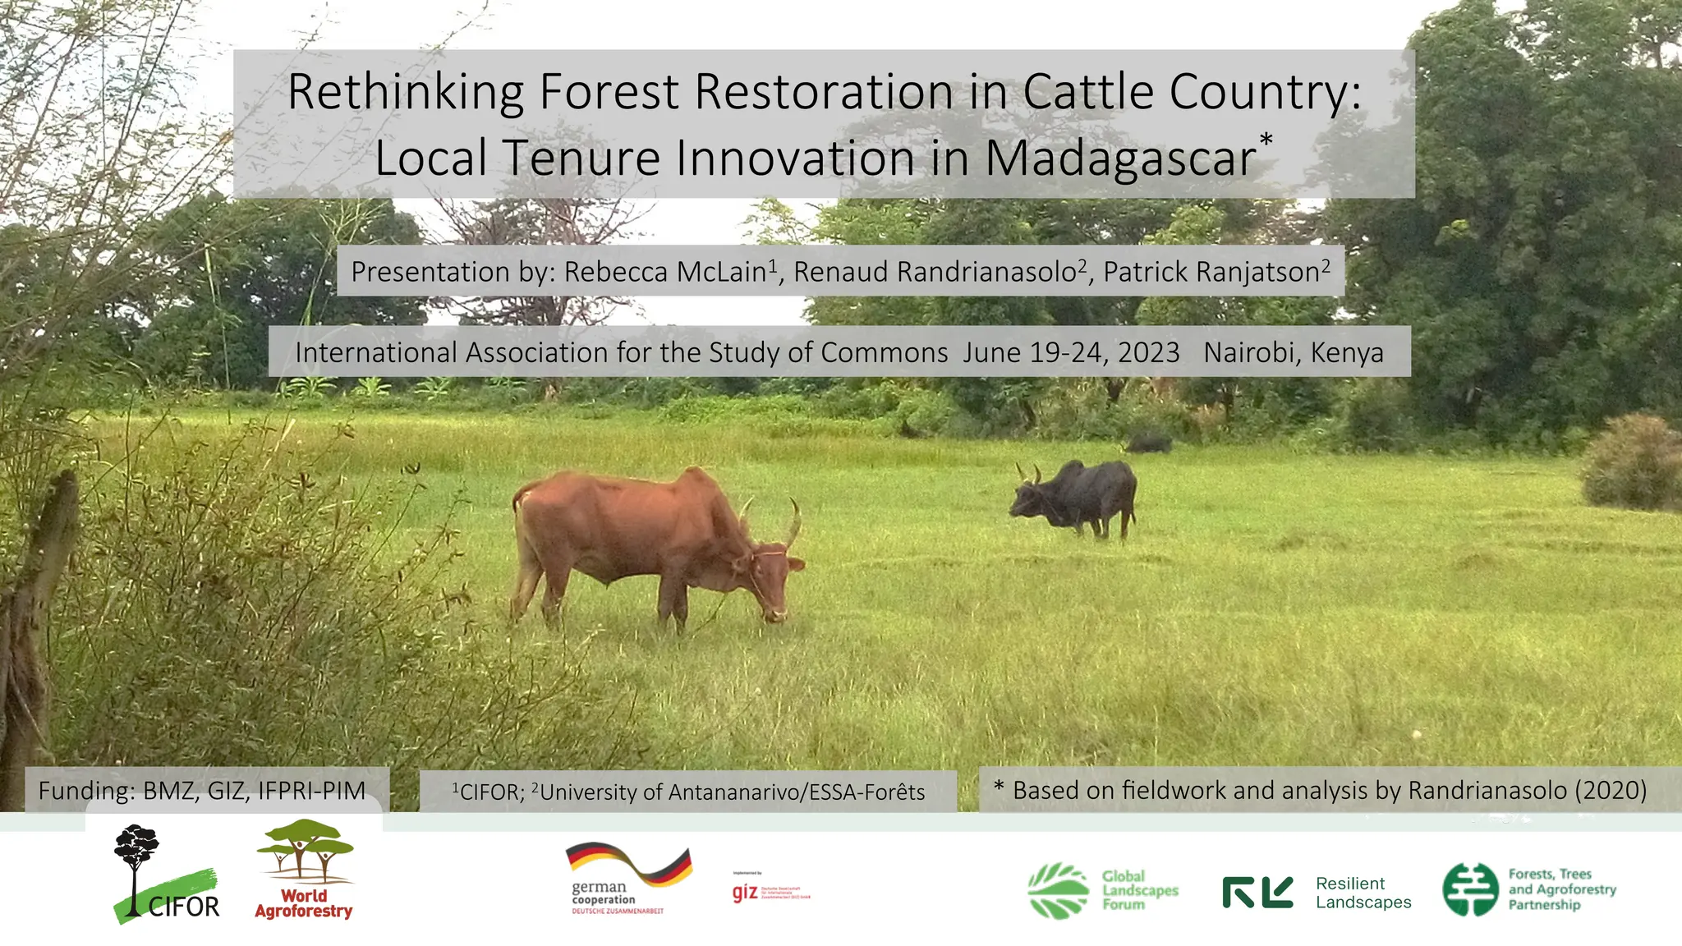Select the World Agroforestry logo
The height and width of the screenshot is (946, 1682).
click(x=305, y=870)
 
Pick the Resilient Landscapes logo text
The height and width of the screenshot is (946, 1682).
click(x=1363, y=893)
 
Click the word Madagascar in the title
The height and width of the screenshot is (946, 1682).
click(x=1119, y=158)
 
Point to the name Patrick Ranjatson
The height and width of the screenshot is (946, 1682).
click(x=1211, y=272)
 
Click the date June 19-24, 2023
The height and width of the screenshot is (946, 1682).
click(x=1071, y=352)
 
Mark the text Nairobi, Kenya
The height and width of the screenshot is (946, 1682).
click(x=1294, y=352)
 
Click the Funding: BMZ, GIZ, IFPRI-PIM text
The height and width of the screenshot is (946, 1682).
click(x=201, y=791)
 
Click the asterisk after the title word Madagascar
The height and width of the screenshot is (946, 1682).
click(x=1266, y=139)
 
